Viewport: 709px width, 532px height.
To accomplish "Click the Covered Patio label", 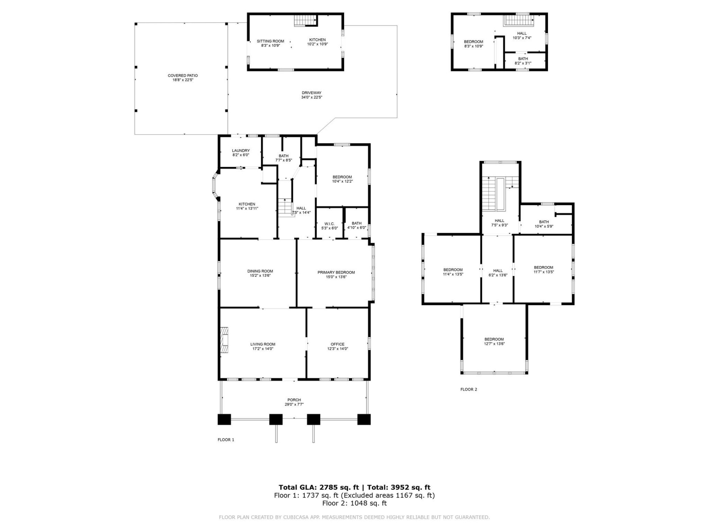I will coord(183,76).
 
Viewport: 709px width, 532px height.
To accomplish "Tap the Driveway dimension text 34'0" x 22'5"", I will coord(312,98).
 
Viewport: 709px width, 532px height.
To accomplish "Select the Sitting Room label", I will coord(270,41).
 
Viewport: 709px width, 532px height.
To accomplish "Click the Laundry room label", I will coord(241,151).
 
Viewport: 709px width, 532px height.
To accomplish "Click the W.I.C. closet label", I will coord(329,224).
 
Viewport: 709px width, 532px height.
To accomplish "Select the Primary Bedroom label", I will coord(336,273).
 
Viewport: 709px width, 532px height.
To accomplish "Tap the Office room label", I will coord(338,344).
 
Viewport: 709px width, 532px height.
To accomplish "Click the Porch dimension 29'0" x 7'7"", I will coord(294,405).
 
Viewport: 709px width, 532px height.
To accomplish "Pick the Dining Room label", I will coord(260,271).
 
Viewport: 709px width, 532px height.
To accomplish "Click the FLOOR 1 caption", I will coord(226,440).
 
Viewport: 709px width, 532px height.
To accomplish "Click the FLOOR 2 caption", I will coord(469,389).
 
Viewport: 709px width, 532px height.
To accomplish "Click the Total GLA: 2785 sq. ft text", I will coord(318,487).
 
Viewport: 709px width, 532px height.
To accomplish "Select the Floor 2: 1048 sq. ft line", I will coord(354,503).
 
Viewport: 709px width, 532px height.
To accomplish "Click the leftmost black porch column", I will coord(224,419).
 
